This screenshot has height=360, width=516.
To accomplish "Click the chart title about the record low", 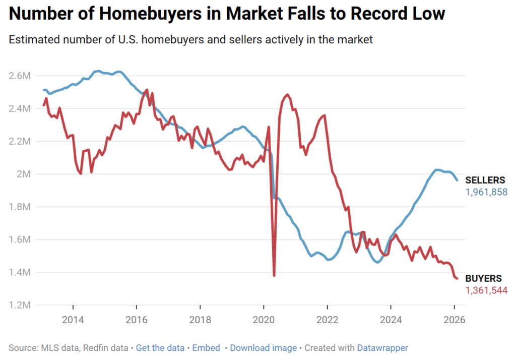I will pos(227,14).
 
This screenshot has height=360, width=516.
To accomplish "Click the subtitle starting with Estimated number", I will pos(191,40).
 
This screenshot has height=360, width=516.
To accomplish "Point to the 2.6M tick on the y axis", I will pos(20,76).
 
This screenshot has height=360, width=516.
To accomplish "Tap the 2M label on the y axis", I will pos(23,174).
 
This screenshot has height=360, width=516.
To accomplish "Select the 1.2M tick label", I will pos(20,305).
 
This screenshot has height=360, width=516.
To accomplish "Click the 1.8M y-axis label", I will pos(20,207).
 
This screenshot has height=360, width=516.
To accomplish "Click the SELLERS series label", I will pos(485,181).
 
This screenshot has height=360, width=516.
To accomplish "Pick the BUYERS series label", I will pos(483,278).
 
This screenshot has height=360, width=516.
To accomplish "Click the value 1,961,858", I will pos(486,192).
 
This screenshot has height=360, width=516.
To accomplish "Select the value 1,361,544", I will pos(486,290).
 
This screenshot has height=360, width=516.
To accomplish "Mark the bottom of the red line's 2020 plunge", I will pos(274,275).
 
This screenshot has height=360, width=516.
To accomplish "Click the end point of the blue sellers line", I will pos(457,180).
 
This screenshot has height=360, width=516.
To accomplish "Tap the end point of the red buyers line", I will pos(457,278).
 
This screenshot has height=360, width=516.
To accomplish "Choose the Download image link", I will pos(263,348).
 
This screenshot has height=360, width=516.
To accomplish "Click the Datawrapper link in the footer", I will pos(382,348).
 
